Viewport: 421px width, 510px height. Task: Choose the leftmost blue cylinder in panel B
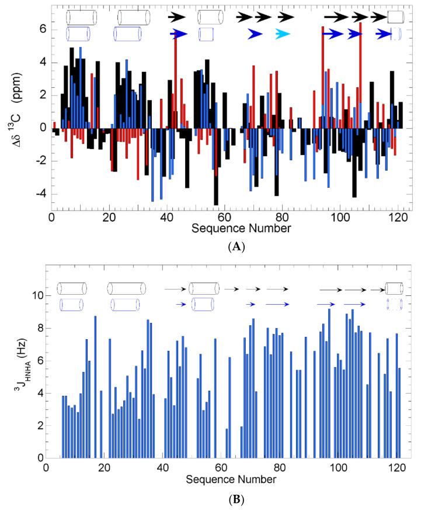tap(71, 304)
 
